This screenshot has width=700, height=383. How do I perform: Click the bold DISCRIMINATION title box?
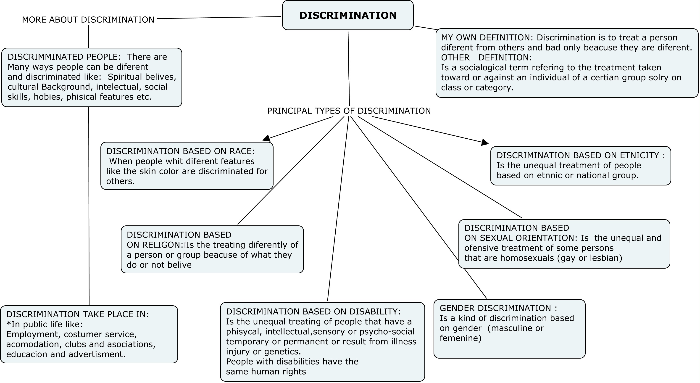(348, 15)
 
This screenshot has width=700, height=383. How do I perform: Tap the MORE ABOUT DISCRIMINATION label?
(88, 20)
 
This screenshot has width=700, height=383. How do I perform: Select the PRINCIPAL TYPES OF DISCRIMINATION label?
(349, 111)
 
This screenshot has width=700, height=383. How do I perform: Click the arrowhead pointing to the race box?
(267, 138)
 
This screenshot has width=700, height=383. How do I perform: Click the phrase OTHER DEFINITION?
(486, 58)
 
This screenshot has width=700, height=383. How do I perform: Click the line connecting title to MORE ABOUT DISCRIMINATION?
(219, 18)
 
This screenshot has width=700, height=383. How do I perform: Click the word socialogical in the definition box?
(483, 68)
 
